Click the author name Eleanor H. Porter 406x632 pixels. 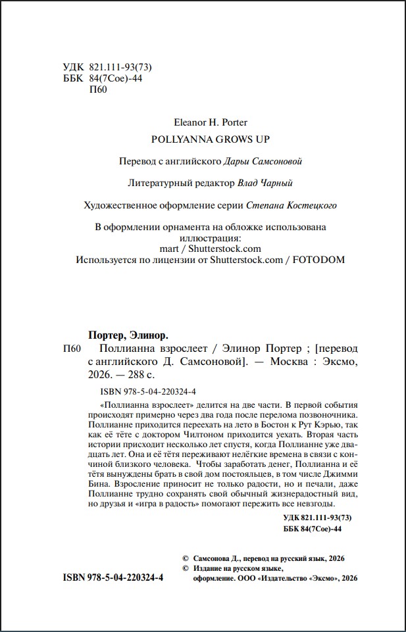tap(210, 122)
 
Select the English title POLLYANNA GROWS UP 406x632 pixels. tap(211, 139)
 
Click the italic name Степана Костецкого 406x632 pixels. tap(291, 205)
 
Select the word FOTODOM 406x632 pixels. tap(318, 260)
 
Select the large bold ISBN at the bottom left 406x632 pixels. tap(113, 577)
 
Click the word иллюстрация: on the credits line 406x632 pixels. tap(211, 238)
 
